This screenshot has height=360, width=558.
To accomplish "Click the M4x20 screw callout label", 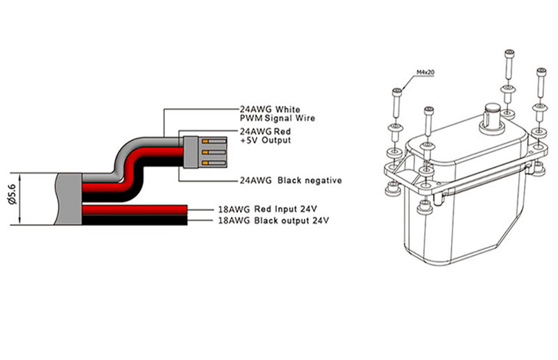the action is tap(425, 73).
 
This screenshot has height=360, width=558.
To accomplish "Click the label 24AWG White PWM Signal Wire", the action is tap(277, 114).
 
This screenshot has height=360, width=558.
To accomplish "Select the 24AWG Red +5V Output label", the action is tap(265, 135).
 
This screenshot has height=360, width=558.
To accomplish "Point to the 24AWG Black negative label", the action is tap(291, 181).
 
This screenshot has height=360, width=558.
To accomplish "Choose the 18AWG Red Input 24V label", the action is tap(267, 209).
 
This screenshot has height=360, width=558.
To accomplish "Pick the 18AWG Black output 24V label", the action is tap(273, 220).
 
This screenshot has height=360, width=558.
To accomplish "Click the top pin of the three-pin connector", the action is tap(214, 142).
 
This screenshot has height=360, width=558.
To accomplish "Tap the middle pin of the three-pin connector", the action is tap(214, 152).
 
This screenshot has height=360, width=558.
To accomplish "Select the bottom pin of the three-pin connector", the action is tap(214, 163).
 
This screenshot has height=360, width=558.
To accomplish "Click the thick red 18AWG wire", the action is tap(135, 210).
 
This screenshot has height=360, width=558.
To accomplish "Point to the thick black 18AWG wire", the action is tap(135, 220).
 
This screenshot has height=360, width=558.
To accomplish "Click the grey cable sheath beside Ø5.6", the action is tap(68, 199).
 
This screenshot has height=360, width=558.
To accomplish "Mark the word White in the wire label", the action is tap(287, 110).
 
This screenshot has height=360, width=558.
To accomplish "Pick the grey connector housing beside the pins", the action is tap(190, 152).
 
